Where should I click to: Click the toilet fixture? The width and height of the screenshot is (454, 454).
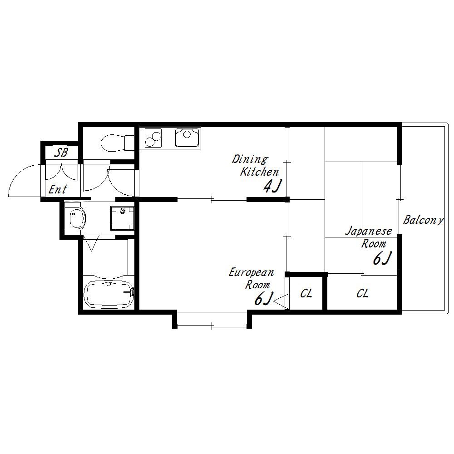click(118, 143)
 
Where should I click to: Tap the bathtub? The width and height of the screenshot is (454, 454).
click(109, 295)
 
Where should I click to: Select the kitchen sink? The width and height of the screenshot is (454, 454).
click(188, 137)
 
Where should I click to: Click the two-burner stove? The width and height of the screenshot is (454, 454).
click(153, 138)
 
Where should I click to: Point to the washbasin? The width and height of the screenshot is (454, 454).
click(77, 218)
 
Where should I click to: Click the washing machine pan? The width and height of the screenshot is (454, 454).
click(122, 218)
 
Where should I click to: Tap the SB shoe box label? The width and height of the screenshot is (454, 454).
click(61, 153)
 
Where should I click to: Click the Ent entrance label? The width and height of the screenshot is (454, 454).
click(58, 190)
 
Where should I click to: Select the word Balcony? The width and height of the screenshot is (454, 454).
click(423, 220)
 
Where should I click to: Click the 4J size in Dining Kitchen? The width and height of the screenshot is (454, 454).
click(272, 186)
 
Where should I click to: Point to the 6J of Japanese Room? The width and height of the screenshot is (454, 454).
click(382, 258)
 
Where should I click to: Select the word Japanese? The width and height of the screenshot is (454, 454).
click(369, 231)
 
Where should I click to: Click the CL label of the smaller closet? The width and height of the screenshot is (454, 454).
click(306, 294)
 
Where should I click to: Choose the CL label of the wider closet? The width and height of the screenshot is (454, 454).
click(362, 294)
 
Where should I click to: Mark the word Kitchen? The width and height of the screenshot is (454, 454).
click(259, 172)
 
